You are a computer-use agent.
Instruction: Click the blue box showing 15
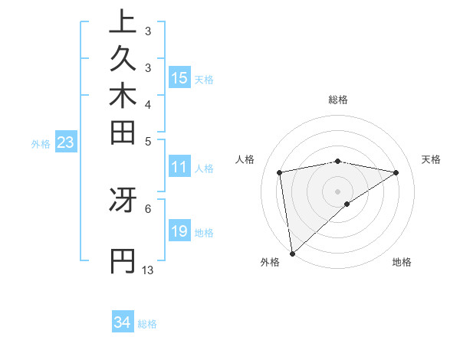click(x=179, y=77)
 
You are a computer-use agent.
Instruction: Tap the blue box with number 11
click(x=179, y=167)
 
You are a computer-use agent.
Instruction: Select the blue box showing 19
click(x=179, y=231)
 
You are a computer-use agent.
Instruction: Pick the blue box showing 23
click(x=65, y=142)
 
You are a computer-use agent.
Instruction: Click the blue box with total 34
click(x=123, y=322)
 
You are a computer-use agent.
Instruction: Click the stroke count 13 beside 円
click(x=148, y=270)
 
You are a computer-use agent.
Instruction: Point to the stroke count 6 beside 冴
click(x=148, y=208)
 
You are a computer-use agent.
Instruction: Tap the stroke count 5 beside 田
click(x=148, y=141)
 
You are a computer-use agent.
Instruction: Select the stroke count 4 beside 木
click(x=148, y=104)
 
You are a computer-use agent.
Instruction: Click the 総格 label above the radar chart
click(x=338, y=100)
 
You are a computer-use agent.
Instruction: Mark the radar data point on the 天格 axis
click(x=396, y=172)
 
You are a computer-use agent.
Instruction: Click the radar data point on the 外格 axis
click(x=292, y=254)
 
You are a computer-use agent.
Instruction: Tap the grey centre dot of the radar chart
click(x=338, y=191)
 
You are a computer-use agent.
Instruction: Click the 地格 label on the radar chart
click(x=402, y=262)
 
